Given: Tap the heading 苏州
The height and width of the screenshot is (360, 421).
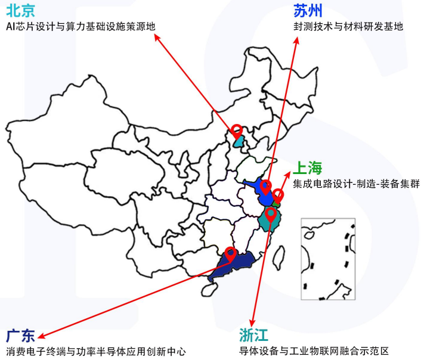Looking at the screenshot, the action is click(308, 11).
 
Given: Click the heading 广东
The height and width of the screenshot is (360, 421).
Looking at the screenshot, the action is click(20, 335).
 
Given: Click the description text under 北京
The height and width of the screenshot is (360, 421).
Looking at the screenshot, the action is click(80, 27).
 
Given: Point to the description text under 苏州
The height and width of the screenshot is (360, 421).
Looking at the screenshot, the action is click(348, 27).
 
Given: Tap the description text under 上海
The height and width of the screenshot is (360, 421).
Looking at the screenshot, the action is click(356, 184).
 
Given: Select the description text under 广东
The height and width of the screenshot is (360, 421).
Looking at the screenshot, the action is click(96, 351).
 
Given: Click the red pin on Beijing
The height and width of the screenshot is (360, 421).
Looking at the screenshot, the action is click(237, 130).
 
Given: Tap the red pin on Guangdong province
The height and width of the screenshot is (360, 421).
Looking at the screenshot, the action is click(231, 253).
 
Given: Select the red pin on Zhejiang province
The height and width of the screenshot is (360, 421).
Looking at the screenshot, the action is click(271, 212).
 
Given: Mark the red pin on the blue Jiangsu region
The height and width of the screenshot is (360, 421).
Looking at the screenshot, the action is click(266, 186).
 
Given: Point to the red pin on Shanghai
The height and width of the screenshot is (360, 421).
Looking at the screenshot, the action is click(278, 194).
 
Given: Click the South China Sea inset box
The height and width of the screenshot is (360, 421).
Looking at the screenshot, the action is click(327, 260).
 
